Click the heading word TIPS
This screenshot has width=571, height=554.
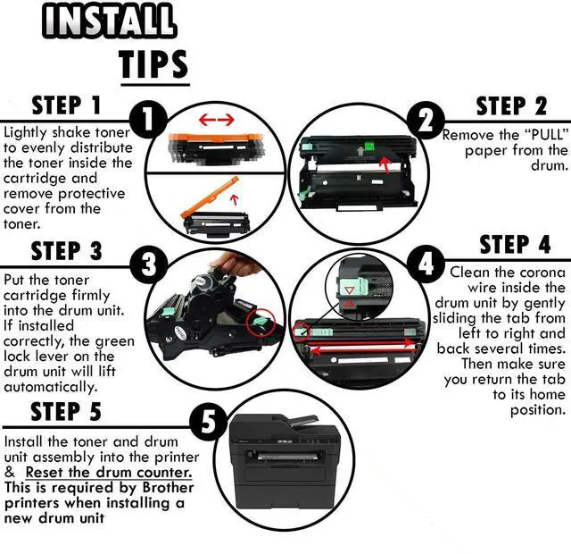pyautogui.click(x=153, y=63)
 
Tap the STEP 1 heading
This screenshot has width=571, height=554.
pyautogui.click(x=68, y=106)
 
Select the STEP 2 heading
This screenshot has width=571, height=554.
pyautogui.click(x=511, y=106)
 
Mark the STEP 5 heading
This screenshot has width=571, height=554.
pyautogui.click(x=68, y=411)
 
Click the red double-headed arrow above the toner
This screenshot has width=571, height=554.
pyautogui.click(x=216, y=119)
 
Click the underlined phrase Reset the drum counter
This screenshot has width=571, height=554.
pyautogui.click(x=108, y=471)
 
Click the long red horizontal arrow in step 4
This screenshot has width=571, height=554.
pyautogui.click(x=357, y=341)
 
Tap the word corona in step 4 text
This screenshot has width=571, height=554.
pyautogui.click(x=538, y=271)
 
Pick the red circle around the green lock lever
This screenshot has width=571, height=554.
pyautogui.click(x=258, y=322)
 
